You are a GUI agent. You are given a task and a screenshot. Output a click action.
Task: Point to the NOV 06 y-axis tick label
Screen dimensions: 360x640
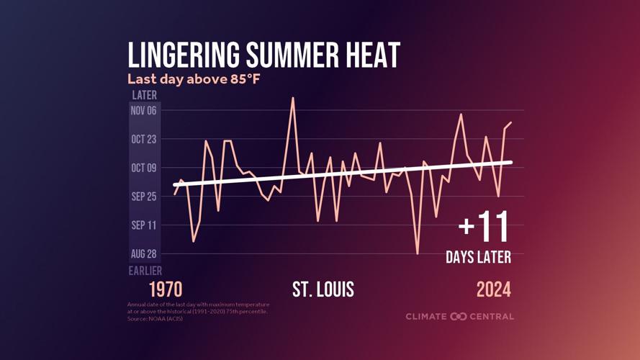coord(143,110)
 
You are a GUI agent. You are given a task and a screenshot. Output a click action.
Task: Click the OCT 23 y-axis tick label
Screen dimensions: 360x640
coord(143,139)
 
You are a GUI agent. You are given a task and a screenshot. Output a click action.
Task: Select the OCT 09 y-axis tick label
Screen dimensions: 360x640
coord(143,168)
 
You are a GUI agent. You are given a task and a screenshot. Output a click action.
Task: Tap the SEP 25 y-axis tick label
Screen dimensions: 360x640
coord(143,197)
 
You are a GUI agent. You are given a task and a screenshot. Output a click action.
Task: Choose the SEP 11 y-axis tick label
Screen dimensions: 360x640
coord(143,225)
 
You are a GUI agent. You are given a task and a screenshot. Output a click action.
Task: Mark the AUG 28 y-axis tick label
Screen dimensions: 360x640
coord(143,254)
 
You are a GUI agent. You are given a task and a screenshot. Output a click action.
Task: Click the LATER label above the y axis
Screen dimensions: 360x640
coord(144,95)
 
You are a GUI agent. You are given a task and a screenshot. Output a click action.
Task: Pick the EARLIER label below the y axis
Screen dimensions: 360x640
coord(145,271)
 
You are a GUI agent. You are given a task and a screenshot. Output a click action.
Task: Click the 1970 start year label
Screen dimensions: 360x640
coord(166,289)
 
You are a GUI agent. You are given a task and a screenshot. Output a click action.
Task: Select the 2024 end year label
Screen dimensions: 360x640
coord(493,289)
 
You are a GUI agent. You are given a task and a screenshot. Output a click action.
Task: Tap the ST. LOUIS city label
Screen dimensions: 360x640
coord(323,289)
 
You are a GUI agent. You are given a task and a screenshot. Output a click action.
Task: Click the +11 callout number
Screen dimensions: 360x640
coord(484,228)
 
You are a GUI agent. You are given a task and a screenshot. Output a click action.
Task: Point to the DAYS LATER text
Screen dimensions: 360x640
coord(478,257)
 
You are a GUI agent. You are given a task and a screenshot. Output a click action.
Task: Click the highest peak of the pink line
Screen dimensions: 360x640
coord(293,98)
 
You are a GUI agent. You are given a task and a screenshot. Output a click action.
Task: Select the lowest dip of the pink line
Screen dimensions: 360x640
coord(418,253)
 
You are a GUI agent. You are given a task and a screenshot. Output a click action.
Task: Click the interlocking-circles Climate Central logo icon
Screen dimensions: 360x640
coord(459,317)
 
